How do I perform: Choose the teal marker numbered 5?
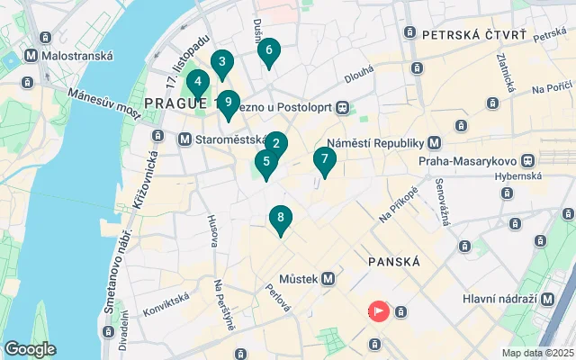[x=265, y=163]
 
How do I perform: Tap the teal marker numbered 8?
[x=281, y=219]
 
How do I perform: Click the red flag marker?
[x=378, y=311]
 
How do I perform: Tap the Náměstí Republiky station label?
[x=374, y=143]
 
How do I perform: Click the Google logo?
[x=30, y=349]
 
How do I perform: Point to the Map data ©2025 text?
[x=537, y=353]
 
